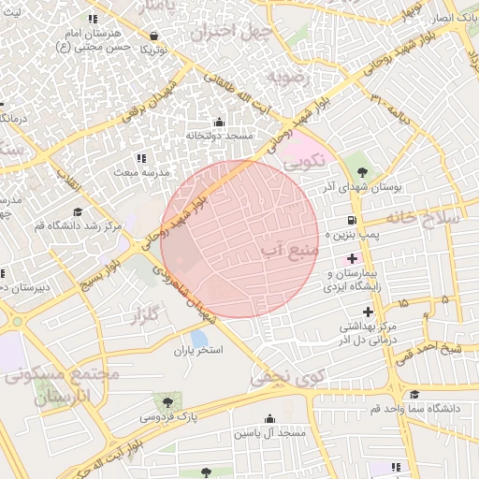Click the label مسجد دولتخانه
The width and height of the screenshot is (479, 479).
tap(220, 137)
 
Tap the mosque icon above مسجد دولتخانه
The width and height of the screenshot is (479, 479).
tap(219, 122)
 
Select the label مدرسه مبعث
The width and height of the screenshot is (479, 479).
tap(141, 174)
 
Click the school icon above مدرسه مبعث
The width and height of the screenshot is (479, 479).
tap(141, 159)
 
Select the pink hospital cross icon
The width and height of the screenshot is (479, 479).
tap(352, 257)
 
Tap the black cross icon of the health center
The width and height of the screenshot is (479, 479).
tap(368, 311)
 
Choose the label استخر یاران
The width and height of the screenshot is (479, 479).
tap(195, 352)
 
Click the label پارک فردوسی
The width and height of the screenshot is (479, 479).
tap(170, 413)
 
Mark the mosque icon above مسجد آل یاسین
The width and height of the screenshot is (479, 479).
tap(270, 419)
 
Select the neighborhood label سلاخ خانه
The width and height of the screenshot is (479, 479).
tap(426, 217)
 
